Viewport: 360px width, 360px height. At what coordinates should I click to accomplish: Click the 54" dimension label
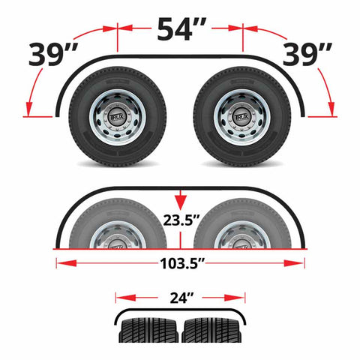click(x=181, y=28)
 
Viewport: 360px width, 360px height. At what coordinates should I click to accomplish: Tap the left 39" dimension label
click(x=53, y=55)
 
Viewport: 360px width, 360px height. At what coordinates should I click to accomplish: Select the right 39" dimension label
click(x=307, y=55)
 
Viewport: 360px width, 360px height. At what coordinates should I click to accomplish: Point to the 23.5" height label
click(x=181, y=220)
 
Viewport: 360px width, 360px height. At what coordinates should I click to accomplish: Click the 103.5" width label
click(x=182, y=263)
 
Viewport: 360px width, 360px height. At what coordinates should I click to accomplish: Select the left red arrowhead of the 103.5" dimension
click(x=66, y=263)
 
